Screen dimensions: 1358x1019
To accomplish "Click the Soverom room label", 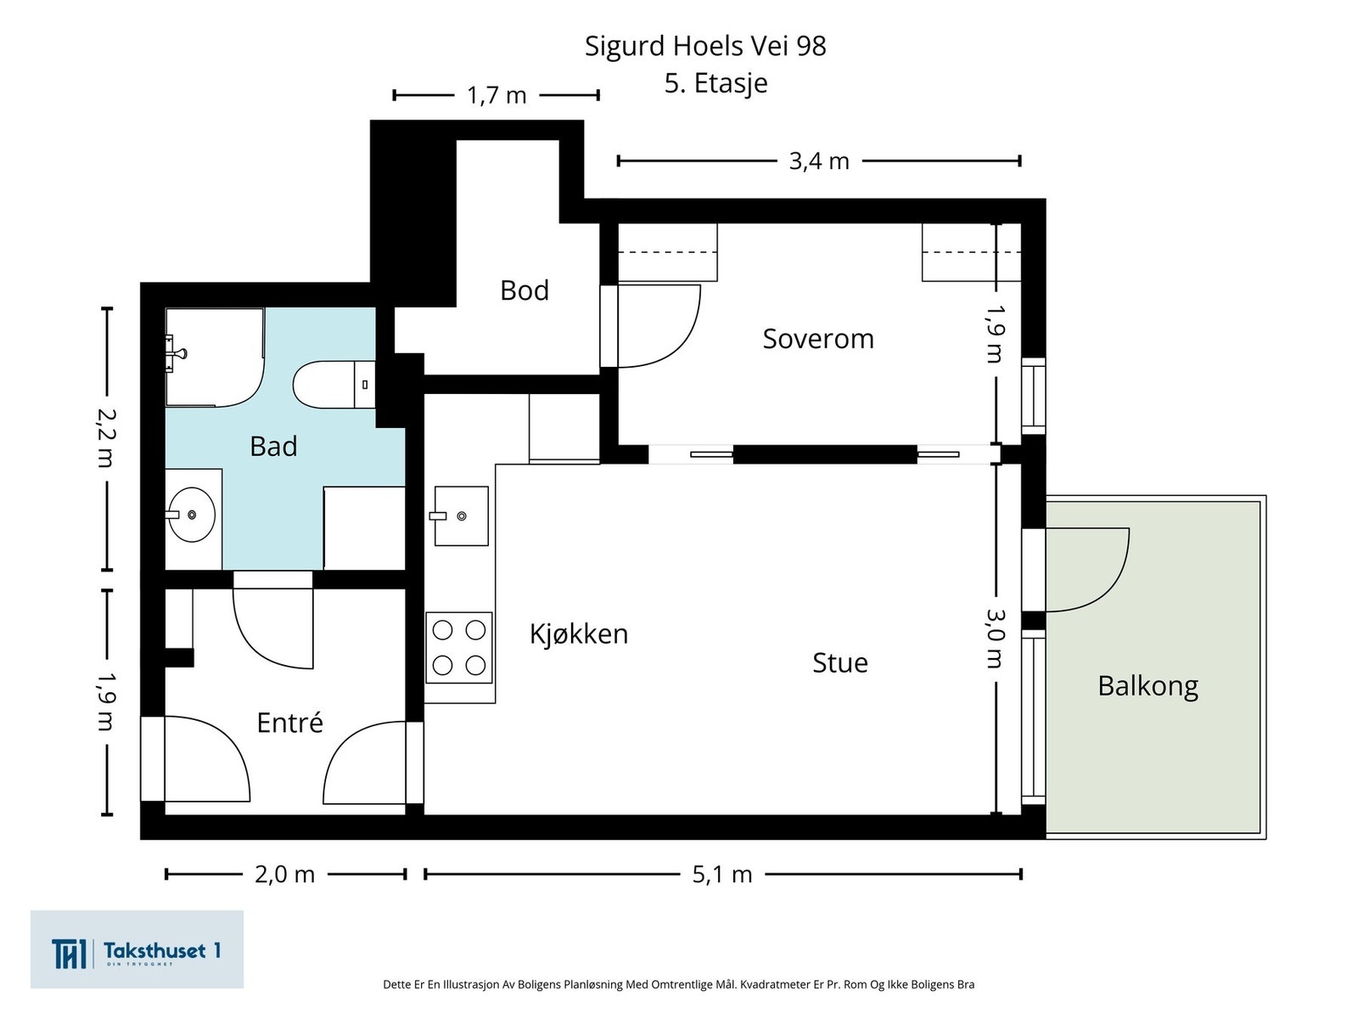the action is tap(817, 339).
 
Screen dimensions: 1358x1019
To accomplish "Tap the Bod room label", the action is tap(524, 290).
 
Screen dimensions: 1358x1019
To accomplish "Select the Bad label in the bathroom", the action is tap(273, 446).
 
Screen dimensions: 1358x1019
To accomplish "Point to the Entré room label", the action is tap(289, 722).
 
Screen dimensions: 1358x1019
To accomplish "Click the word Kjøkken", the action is tap(579, 633).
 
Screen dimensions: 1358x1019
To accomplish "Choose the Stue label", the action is tap(839, 662).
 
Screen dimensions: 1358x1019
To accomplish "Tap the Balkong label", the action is tap(1148, 686).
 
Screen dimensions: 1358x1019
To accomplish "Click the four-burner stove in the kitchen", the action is tap(458, 648).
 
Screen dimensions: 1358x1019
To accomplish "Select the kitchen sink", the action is tap(461, 516).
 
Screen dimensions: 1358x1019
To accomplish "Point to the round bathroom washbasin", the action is tap(192, 514).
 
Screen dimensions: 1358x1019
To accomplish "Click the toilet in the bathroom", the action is tap(334, 384).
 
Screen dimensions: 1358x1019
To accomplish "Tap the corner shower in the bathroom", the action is tap(215, 357).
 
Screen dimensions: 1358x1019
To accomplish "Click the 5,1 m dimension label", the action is tap(722, 875).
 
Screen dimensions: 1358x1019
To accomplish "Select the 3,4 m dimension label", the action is tap(818, 160).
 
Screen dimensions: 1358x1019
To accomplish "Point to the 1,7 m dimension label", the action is tap(497, 95).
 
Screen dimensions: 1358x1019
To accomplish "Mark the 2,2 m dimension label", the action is tap(106, 438).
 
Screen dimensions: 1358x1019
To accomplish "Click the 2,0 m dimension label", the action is tap(284, 875).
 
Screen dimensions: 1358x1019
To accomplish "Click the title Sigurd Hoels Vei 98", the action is tap(705, 46).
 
